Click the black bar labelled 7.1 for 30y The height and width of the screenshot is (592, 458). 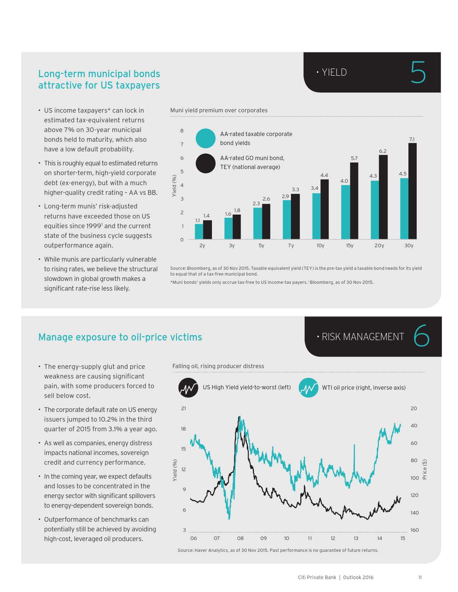[x=412, y=191]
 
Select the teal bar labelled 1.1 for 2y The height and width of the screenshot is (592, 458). [x=199, y=231]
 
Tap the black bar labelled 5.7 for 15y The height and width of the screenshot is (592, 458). [x=354, y=201]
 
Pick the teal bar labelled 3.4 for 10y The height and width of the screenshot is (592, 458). [x=316, y=216]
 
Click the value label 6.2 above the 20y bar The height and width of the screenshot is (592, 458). [x=383, y=151]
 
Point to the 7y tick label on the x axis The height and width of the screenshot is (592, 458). [x=291, y=246]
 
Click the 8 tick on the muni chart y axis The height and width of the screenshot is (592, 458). [x=182, y=131]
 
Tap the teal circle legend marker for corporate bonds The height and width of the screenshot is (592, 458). [x=205, y=138]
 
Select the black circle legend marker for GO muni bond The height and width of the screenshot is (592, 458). [x=205, y=163]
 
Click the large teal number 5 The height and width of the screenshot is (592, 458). [x=418, y=72]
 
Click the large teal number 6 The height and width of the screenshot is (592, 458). [x=421, y=336]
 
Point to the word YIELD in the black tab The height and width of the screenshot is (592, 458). [x=334, y=72]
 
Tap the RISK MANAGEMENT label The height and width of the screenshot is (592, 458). [x=363, y=337]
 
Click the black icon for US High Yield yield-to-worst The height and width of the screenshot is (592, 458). [x=188, y=388]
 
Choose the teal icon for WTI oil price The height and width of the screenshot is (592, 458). [x=308, y=388]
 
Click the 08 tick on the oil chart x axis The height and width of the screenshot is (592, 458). [x=240, y=538]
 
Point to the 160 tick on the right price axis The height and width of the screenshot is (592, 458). [x=415, y=530]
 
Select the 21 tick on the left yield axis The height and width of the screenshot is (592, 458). [x=184, y=408]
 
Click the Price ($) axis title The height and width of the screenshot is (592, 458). [x=425, y=469]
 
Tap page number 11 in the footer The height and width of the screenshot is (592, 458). [x=420, y=577]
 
